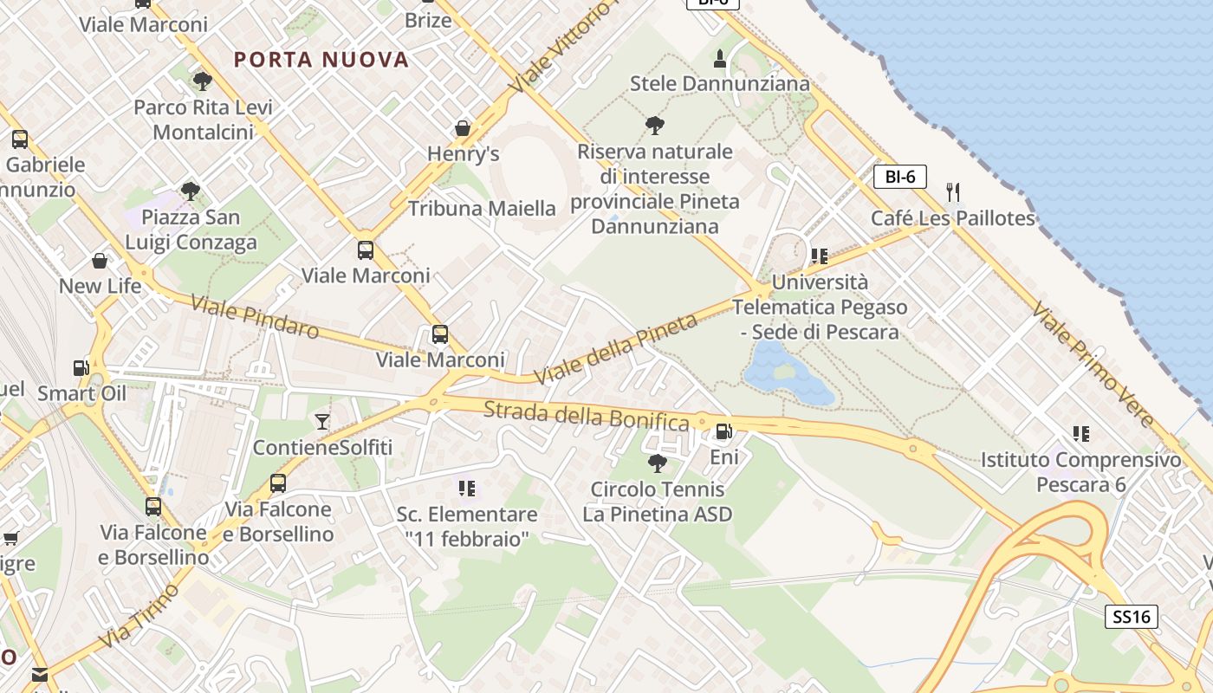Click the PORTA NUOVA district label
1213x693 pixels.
coord(321,59)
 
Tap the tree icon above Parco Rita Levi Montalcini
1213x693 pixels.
coord(202,81)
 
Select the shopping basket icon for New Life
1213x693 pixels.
coord(100,261)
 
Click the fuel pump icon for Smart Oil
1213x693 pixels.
coord(81,368)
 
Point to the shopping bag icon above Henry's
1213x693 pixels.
coord(463,128)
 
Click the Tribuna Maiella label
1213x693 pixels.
coord(482,208)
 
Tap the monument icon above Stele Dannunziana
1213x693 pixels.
coord(719,59)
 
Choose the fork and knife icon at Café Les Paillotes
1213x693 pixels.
coord(953,191)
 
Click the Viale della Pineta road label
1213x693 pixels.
coord(615,350)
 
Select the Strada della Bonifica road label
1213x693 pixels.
coord(586,416)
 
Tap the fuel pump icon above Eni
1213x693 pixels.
coord(723,431)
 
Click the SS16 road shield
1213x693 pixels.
coord(1132,617)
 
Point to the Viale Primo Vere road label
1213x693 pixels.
coord(1093,366)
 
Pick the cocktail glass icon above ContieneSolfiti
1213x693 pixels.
coord(322,422)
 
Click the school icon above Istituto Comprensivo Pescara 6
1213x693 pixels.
coord(1080,433)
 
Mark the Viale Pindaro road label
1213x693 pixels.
coord(255,317)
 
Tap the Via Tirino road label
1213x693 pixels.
coord(139,617)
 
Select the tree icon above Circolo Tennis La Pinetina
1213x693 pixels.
coord(658,463)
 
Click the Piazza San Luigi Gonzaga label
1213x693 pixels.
coord(191,230)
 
